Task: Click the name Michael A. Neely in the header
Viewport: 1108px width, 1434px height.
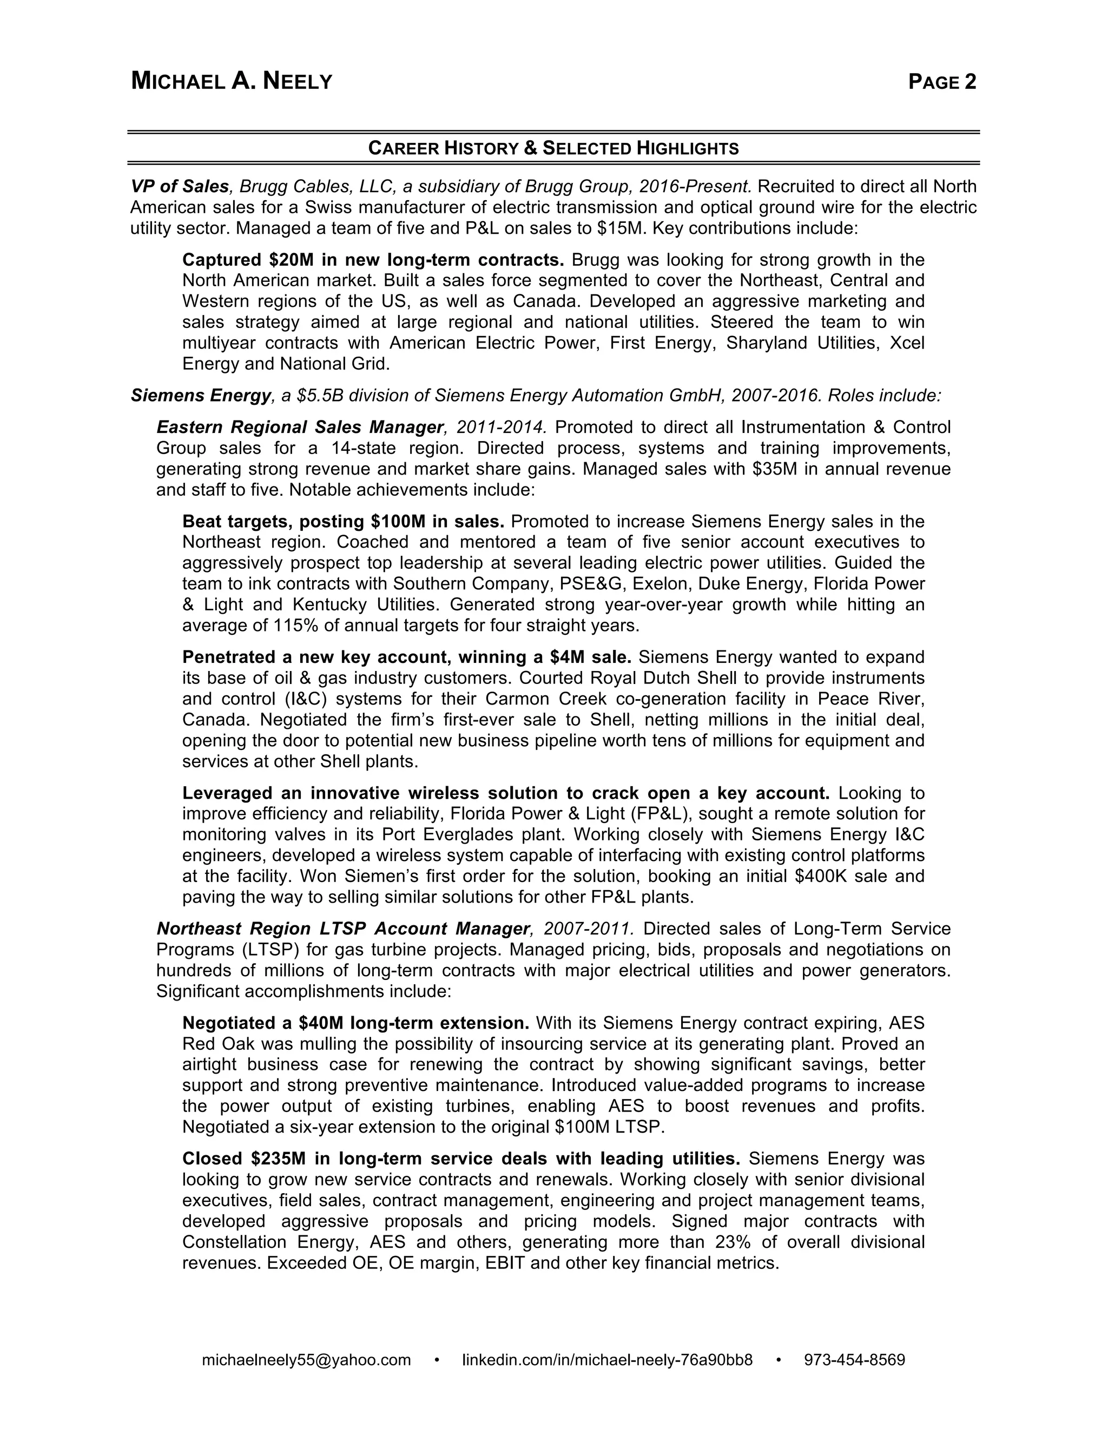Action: pos(232,81)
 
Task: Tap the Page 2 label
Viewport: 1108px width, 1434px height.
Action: pos(942,81)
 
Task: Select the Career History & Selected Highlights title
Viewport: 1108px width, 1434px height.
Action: pos(553,148)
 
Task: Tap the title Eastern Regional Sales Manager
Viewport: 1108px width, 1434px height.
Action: pos(300,427)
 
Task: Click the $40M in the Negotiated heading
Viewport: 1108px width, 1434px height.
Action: pos(322,1023)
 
